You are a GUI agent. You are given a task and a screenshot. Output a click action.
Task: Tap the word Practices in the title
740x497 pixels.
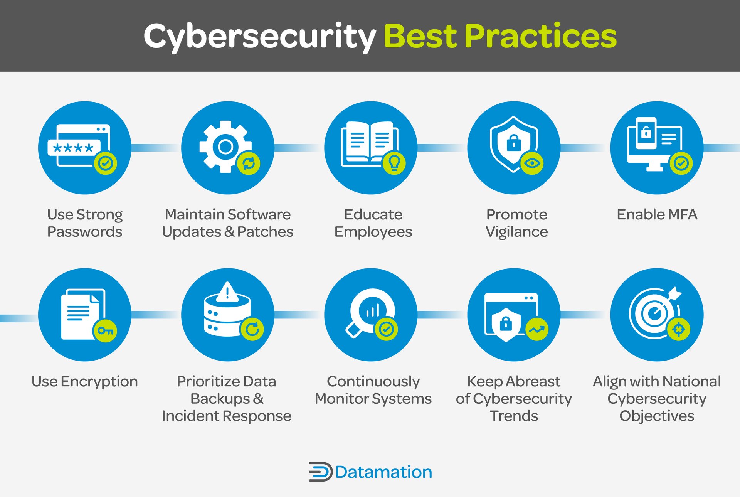(540, 36)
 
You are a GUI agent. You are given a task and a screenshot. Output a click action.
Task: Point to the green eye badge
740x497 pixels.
(532, 163)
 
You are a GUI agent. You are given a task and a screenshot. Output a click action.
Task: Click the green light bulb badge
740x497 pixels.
(394, 163)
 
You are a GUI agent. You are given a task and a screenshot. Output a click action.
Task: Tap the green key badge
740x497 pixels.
(105, 330)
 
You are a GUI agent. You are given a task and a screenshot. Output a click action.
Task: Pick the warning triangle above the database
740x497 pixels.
(227, 292)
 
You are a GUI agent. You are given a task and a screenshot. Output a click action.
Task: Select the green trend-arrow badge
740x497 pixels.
(536, 329)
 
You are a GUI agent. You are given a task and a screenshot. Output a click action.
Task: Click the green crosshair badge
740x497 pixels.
(679, 329)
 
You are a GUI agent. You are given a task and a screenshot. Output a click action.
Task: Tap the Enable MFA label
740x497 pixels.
(657, 214)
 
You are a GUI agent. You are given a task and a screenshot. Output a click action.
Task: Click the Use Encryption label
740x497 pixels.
(84, 381)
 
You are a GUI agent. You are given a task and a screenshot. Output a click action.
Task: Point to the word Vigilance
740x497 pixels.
(516, 232)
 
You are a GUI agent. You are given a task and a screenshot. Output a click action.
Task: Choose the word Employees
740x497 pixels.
(373, 232)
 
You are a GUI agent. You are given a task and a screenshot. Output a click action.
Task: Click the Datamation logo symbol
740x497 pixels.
(320, 472)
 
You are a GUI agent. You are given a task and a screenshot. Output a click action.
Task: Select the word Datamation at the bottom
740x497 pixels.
(383, 472)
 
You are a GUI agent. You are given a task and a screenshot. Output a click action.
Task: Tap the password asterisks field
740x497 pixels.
(74, 148)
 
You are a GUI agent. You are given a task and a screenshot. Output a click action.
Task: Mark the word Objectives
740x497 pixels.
(657, 416)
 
